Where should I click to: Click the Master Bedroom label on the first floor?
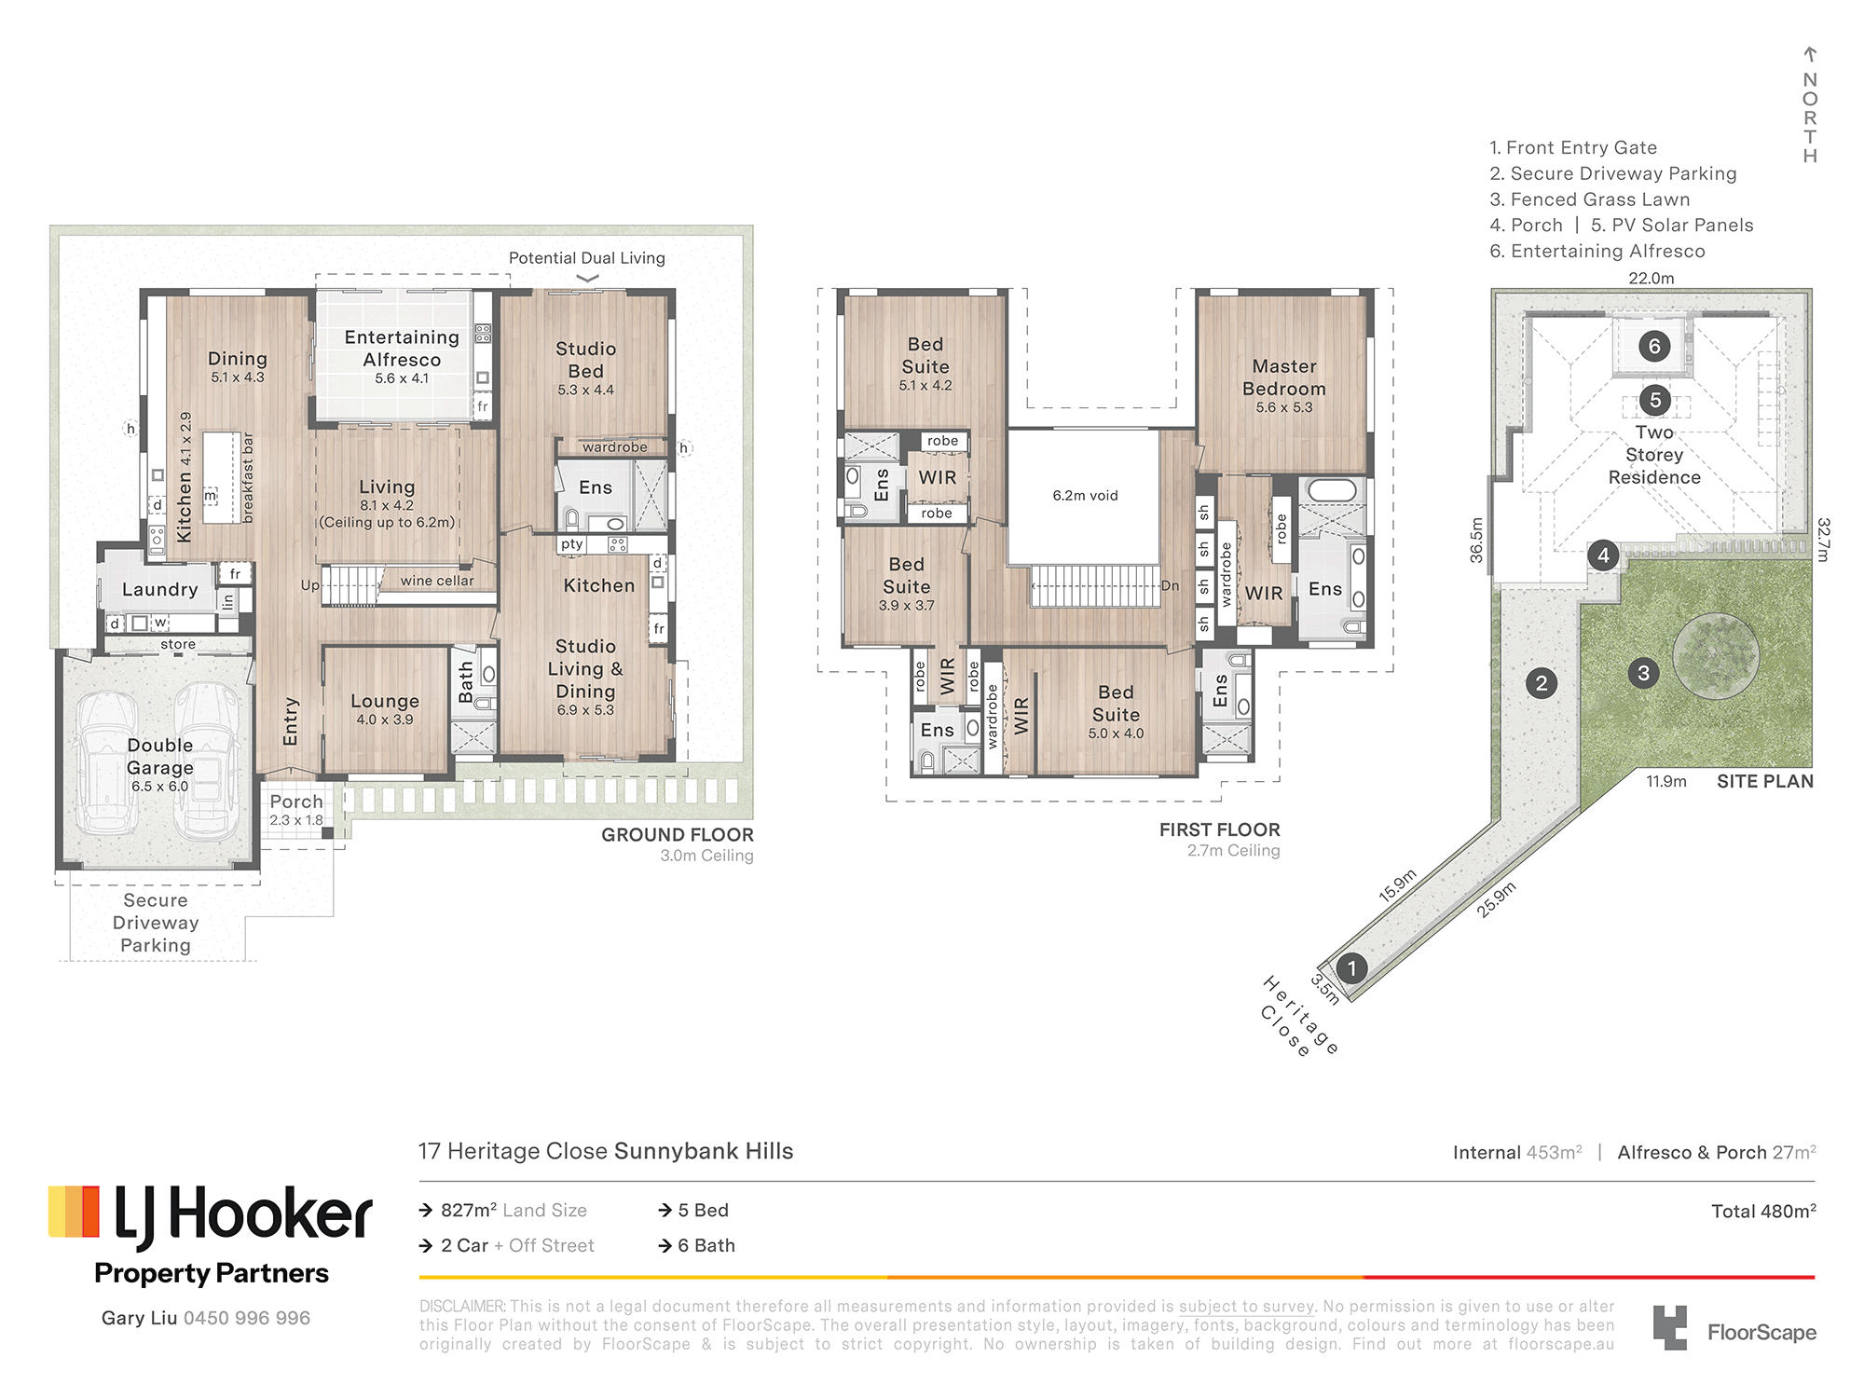(1283, 377)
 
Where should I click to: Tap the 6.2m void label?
(1085, 496)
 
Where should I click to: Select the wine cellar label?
(437, 581)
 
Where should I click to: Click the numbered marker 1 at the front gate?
(1351, 968)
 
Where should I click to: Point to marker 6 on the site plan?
(1654, 347)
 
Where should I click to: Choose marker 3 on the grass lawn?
(1643, 673)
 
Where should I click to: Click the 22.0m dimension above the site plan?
(1651, 279)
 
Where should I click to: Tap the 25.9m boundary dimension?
(1496, 899)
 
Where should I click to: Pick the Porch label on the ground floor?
(296, 802)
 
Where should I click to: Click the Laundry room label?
(159, 590)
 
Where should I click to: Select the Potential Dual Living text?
(587, 258)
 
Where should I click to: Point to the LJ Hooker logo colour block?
(74, 1212)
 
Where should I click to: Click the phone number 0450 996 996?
(247, 1318)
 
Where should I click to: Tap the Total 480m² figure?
(1763, 1211)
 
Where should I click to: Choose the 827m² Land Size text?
(514, 1210)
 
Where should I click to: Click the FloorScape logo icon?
(1669, 1327)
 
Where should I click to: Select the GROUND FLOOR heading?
(678, 835)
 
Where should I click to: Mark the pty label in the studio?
(571, 544)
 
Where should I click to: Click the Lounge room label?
(385, 701)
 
